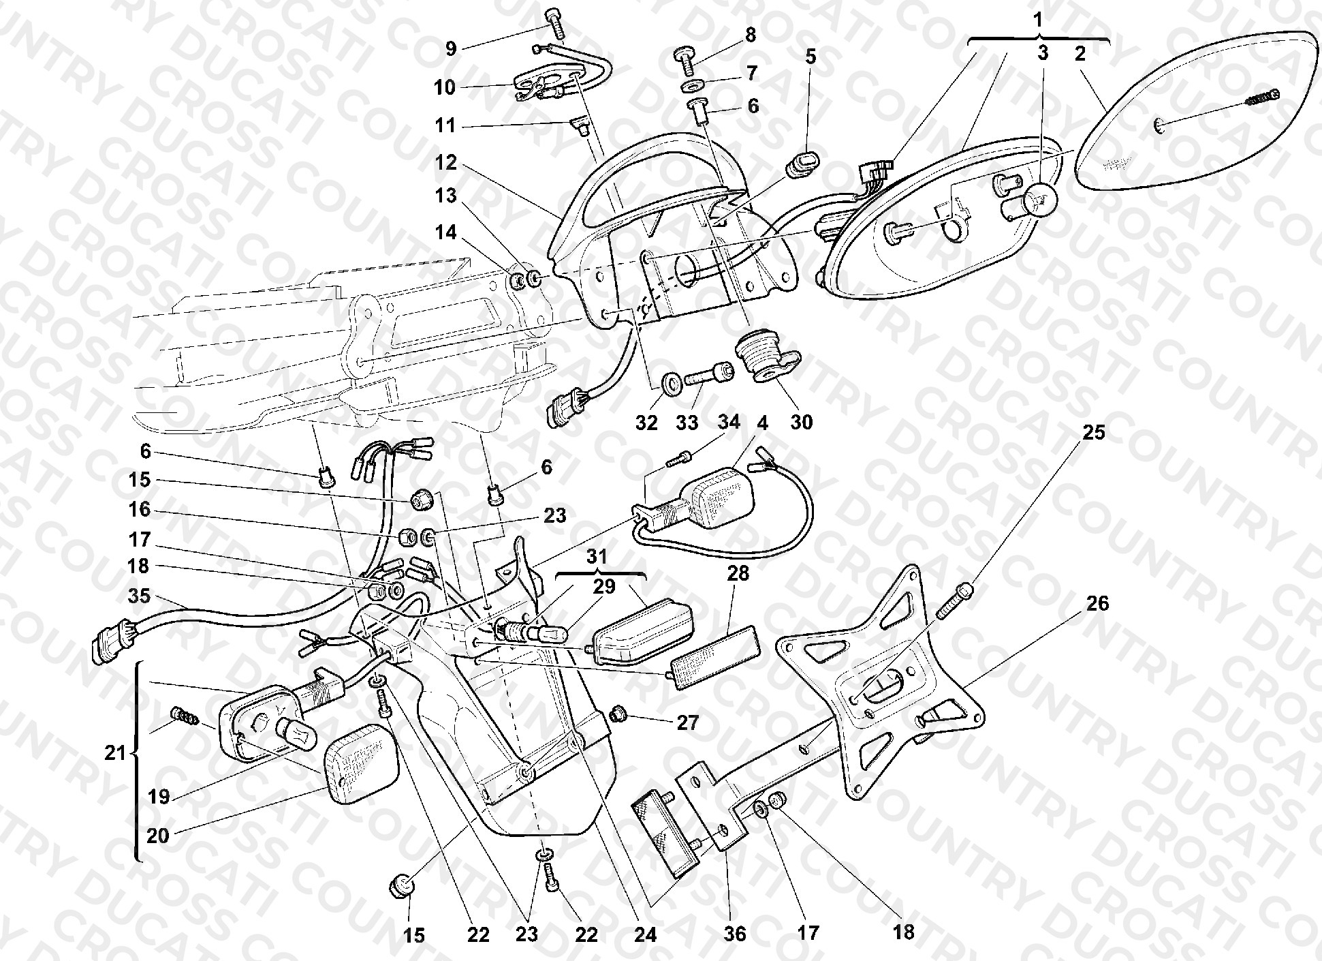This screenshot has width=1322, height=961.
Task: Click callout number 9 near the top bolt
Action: [451, 48]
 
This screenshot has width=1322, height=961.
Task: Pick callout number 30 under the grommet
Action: [802, 423]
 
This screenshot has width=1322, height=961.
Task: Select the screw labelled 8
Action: [687, 59]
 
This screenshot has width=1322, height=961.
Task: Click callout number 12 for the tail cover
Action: [447, 164]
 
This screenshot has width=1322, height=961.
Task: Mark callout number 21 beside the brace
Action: [116, 752]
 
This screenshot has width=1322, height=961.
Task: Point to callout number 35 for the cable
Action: [140, 596]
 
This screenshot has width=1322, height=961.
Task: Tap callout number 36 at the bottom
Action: [735, 932]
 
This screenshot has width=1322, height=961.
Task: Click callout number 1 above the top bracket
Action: [1038, 20]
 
